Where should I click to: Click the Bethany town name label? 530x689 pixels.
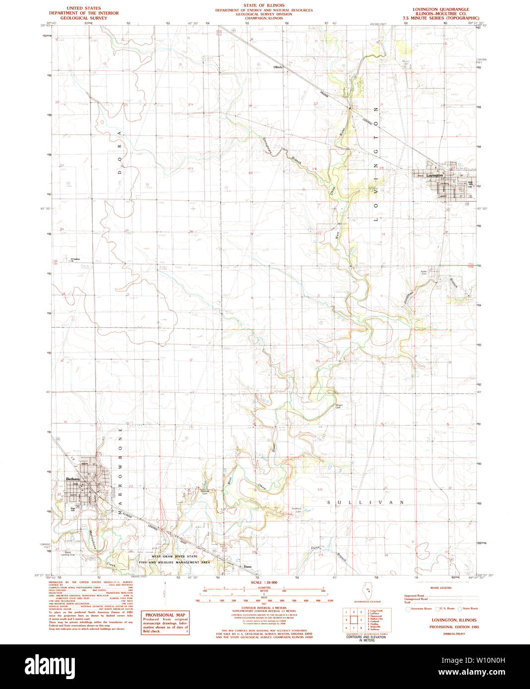73,479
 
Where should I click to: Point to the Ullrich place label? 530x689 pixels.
278,67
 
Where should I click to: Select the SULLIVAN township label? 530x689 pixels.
366,502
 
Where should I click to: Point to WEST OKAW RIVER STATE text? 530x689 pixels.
171,557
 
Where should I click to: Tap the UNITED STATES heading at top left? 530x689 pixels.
83,8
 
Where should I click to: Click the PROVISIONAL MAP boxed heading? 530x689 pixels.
165,615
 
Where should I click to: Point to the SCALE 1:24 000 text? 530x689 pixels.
263,582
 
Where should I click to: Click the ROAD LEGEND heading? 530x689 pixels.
441,588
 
